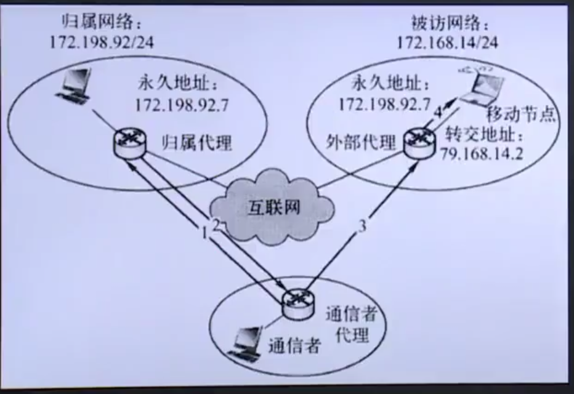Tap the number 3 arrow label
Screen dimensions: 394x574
(x=363, y=226)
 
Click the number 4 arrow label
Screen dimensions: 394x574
(x=438, y=113)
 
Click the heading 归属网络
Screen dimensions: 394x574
(x=102, y=23)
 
